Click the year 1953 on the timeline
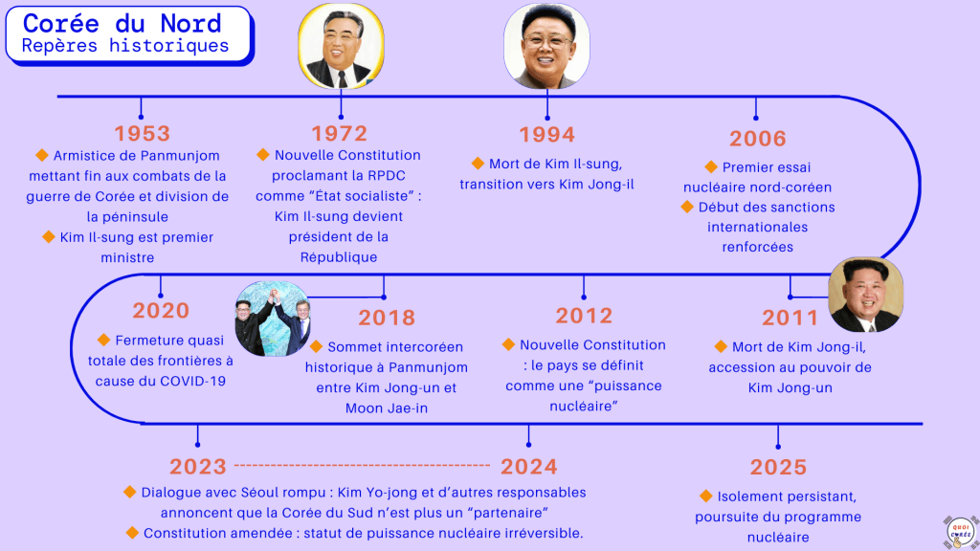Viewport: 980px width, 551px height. tap(142, 134)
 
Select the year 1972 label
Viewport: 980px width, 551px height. tap(340, 134)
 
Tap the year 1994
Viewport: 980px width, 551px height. tap(546, 135)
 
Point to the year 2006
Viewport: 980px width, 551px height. tap(758, 139)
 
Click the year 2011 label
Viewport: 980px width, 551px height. tap(790, 318)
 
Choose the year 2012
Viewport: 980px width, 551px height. tap(584, 316)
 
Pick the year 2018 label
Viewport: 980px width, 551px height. tap(387, 318)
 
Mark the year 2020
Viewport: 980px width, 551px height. tap(161, 311)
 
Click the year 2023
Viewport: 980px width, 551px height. tap(197, 467)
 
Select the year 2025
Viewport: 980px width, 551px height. tap(778, 467)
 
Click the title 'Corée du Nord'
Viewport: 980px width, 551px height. tap(122, 24)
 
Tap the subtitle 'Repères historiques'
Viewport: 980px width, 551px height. tap(125, 46)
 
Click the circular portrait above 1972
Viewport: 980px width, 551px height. tap(342, 46)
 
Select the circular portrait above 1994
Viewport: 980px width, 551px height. tap(546, 46)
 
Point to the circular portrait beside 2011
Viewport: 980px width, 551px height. tap(865, 295)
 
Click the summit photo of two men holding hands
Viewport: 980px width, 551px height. tap(272, 319)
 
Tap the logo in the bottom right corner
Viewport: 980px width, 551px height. tap(961, 532)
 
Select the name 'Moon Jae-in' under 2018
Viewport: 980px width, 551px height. tap(387, 408)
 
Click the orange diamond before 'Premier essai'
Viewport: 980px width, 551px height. tap(711, 166)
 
